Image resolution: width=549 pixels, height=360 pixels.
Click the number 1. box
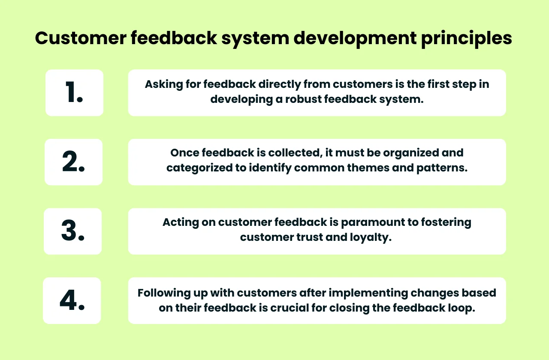pyautogui.click(x=74, y=93)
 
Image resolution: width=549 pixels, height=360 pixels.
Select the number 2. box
pyautogui.click(x=73, y=162)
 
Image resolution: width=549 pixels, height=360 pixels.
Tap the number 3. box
pyautogui.click(x=72, y=231)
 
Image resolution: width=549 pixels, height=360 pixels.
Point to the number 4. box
pyautogui.click(x=72, y=301)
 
